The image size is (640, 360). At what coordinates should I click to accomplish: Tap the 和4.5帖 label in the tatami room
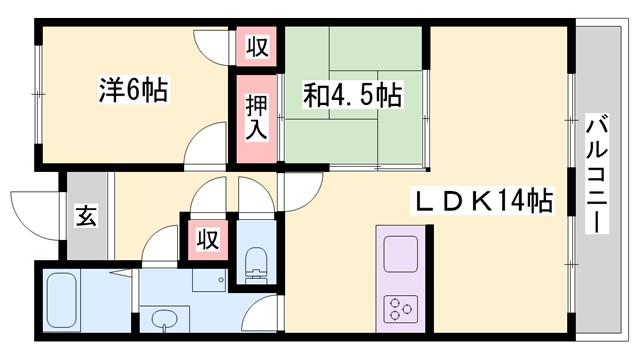tap(352, 96)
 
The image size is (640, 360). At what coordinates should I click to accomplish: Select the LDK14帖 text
tap(483, 200)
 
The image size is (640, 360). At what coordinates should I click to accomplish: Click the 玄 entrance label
tap(86, 216)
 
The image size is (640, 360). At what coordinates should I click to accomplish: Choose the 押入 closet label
tap(257, 115)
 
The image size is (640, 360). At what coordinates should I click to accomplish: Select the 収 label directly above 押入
tap(257, 47)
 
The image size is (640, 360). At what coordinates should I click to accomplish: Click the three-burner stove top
tap(401, 308)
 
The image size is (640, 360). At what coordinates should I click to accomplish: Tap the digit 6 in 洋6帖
tap(132, 89)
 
